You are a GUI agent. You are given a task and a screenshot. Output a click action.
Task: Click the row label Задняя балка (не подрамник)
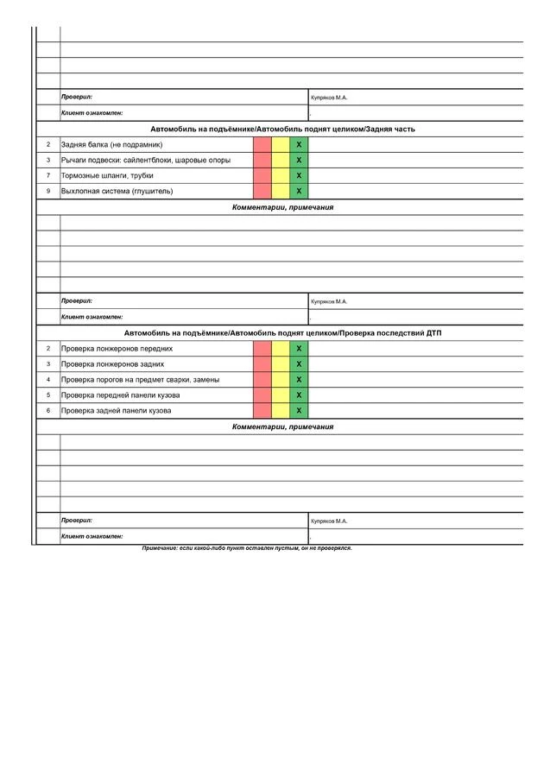(111, 144)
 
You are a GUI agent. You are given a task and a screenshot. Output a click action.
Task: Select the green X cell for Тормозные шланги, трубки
(299, 175)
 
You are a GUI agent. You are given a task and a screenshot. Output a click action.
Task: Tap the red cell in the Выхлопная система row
(262, 191)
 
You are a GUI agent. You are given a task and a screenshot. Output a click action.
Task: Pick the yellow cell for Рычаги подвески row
(281, 160)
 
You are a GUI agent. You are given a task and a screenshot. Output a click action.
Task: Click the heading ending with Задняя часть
(282, 129)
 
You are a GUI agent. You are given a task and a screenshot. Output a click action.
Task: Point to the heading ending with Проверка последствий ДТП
(282, 332)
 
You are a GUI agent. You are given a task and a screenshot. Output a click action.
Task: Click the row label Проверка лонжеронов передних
(117, 348)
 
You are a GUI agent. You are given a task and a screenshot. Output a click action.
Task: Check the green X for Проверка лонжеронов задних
(299, 363)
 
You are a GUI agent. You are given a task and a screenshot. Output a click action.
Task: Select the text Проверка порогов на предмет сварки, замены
(140, 379)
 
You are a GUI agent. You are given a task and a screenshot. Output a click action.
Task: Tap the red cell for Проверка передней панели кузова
(262, 395)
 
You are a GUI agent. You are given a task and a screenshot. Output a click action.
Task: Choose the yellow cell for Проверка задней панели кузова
(281, 410)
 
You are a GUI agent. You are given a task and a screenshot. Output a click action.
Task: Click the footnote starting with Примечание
(247, 548)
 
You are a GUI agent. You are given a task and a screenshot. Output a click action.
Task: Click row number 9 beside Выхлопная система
(48, 191)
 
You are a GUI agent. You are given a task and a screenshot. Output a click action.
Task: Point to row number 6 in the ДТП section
(48, 410)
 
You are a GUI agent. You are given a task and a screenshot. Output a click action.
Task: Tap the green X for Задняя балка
(299, 144)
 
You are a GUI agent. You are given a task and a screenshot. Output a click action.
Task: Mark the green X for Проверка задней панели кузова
(299, 410)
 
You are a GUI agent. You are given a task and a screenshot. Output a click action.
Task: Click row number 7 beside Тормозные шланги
(48, 175)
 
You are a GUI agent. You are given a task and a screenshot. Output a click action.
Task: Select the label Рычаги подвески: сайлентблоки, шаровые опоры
(145, 160)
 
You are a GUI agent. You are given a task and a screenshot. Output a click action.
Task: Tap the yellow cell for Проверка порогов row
(281, 379)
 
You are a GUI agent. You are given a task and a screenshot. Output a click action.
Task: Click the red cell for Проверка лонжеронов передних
(262, 348)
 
